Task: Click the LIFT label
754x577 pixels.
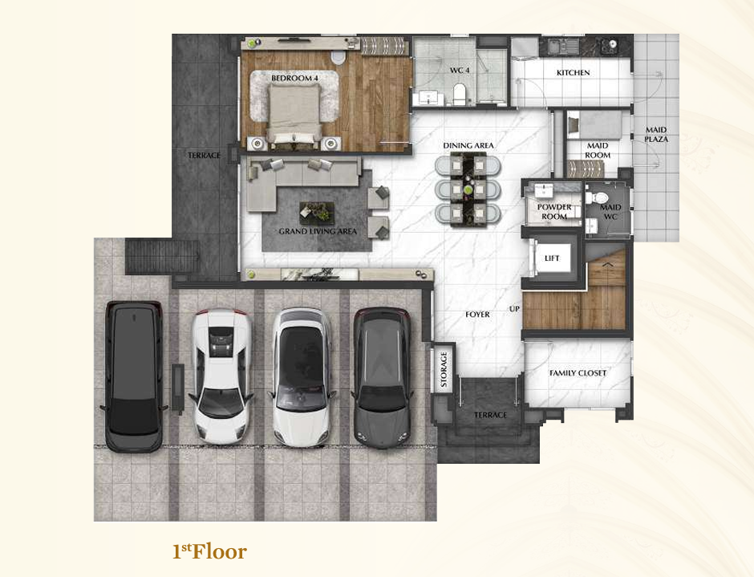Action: click(552, 258)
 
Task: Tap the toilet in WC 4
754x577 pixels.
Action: click(460, 94)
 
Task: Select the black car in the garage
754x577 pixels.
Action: click(134, 376)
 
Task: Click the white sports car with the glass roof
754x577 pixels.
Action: click(221, 376)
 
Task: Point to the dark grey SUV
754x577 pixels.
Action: click(383, 377)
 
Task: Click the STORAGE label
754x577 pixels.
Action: click(444, 369)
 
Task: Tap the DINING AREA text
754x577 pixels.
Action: click(468, 145)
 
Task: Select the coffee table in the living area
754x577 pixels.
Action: click(316, 213)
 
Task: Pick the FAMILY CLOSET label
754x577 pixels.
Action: click(578, 373)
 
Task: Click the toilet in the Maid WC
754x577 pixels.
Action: click(598, 197)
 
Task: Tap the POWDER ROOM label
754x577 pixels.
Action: click(554, 212)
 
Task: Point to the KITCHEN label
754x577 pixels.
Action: click(574, 73)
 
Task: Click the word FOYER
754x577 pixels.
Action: click(477, 315)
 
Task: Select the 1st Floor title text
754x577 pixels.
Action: click(209, 551)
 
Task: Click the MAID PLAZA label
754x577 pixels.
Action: click(656, 134)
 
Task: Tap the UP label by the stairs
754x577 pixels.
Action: click(514, 309)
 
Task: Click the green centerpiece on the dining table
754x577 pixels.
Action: click(468, 189)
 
